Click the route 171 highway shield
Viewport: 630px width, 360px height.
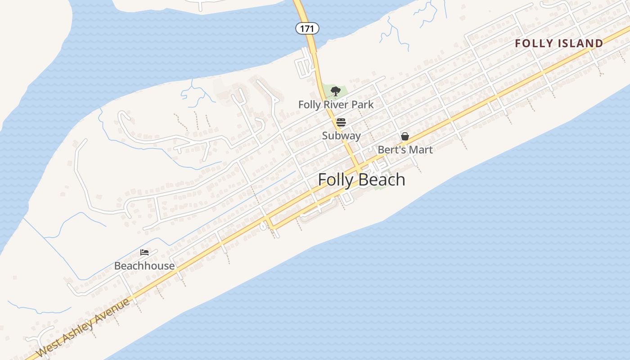point(307,28)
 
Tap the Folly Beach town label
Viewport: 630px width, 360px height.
point(361,180)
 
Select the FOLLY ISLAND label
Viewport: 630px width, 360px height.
point(559,43)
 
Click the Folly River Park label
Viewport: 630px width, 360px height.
point(336,104)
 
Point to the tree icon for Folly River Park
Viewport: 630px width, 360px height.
point(335,91)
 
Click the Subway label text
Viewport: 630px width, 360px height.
point(341,135)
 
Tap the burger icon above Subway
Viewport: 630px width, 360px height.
point(341,122)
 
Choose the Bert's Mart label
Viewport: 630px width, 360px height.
point(405,149)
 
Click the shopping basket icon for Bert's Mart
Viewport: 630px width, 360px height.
point(405,136)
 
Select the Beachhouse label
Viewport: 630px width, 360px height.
point(144,265)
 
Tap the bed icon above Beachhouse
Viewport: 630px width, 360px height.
point(144,252)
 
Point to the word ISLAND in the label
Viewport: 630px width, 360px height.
point(580,43)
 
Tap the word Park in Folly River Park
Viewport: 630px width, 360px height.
point(363,104)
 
